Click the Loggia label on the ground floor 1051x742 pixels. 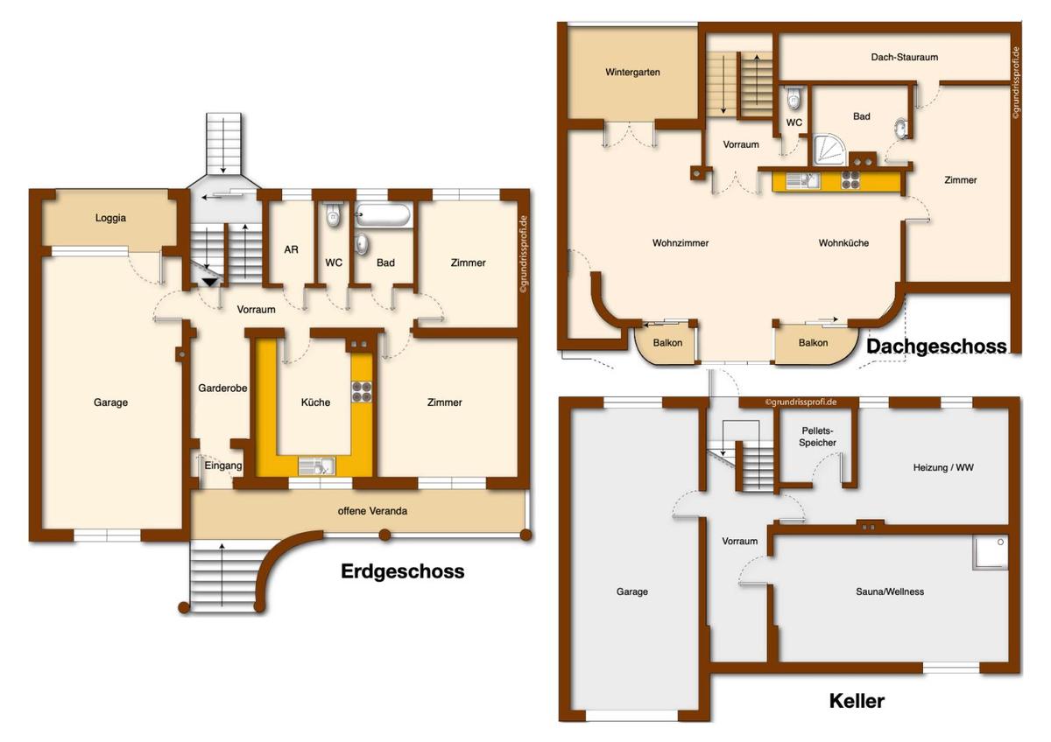(x=110, y=218)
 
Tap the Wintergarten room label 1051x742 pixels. (x=632, y=72)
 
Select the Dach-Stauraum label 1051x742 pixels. (x=905, y=57)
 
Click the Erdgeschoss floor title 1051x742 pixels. (x=402, y=572)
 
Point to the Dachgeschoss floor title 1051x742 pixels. (x=936, y=346)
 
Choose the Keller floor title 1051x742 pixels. (x=857, y=701)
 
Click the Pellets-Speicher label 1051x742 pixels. (x=819, y=437)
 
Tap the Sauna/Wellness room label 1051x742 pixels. (x=890, y=591)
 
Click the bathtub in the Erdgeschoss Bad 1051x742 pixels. (x=384, y=214)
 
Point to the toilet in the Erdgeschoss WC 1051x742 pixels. (x=334, y=215)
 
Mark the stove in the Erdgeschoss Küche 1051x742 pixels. (x=362, y=392)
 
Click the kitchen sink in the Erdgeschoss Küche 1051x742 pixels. (x=315, y=465)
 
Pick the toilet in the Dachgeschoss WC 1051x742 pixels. (x=794, y=95)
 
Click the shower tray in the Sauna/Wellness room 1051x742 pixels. (x=991, y=553)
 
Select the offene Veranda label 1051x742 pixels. (x=373, y=511)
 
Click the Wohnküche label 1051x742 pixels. (x=843, y=243)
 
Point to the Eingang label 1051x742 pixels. (x=223, y=465)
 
